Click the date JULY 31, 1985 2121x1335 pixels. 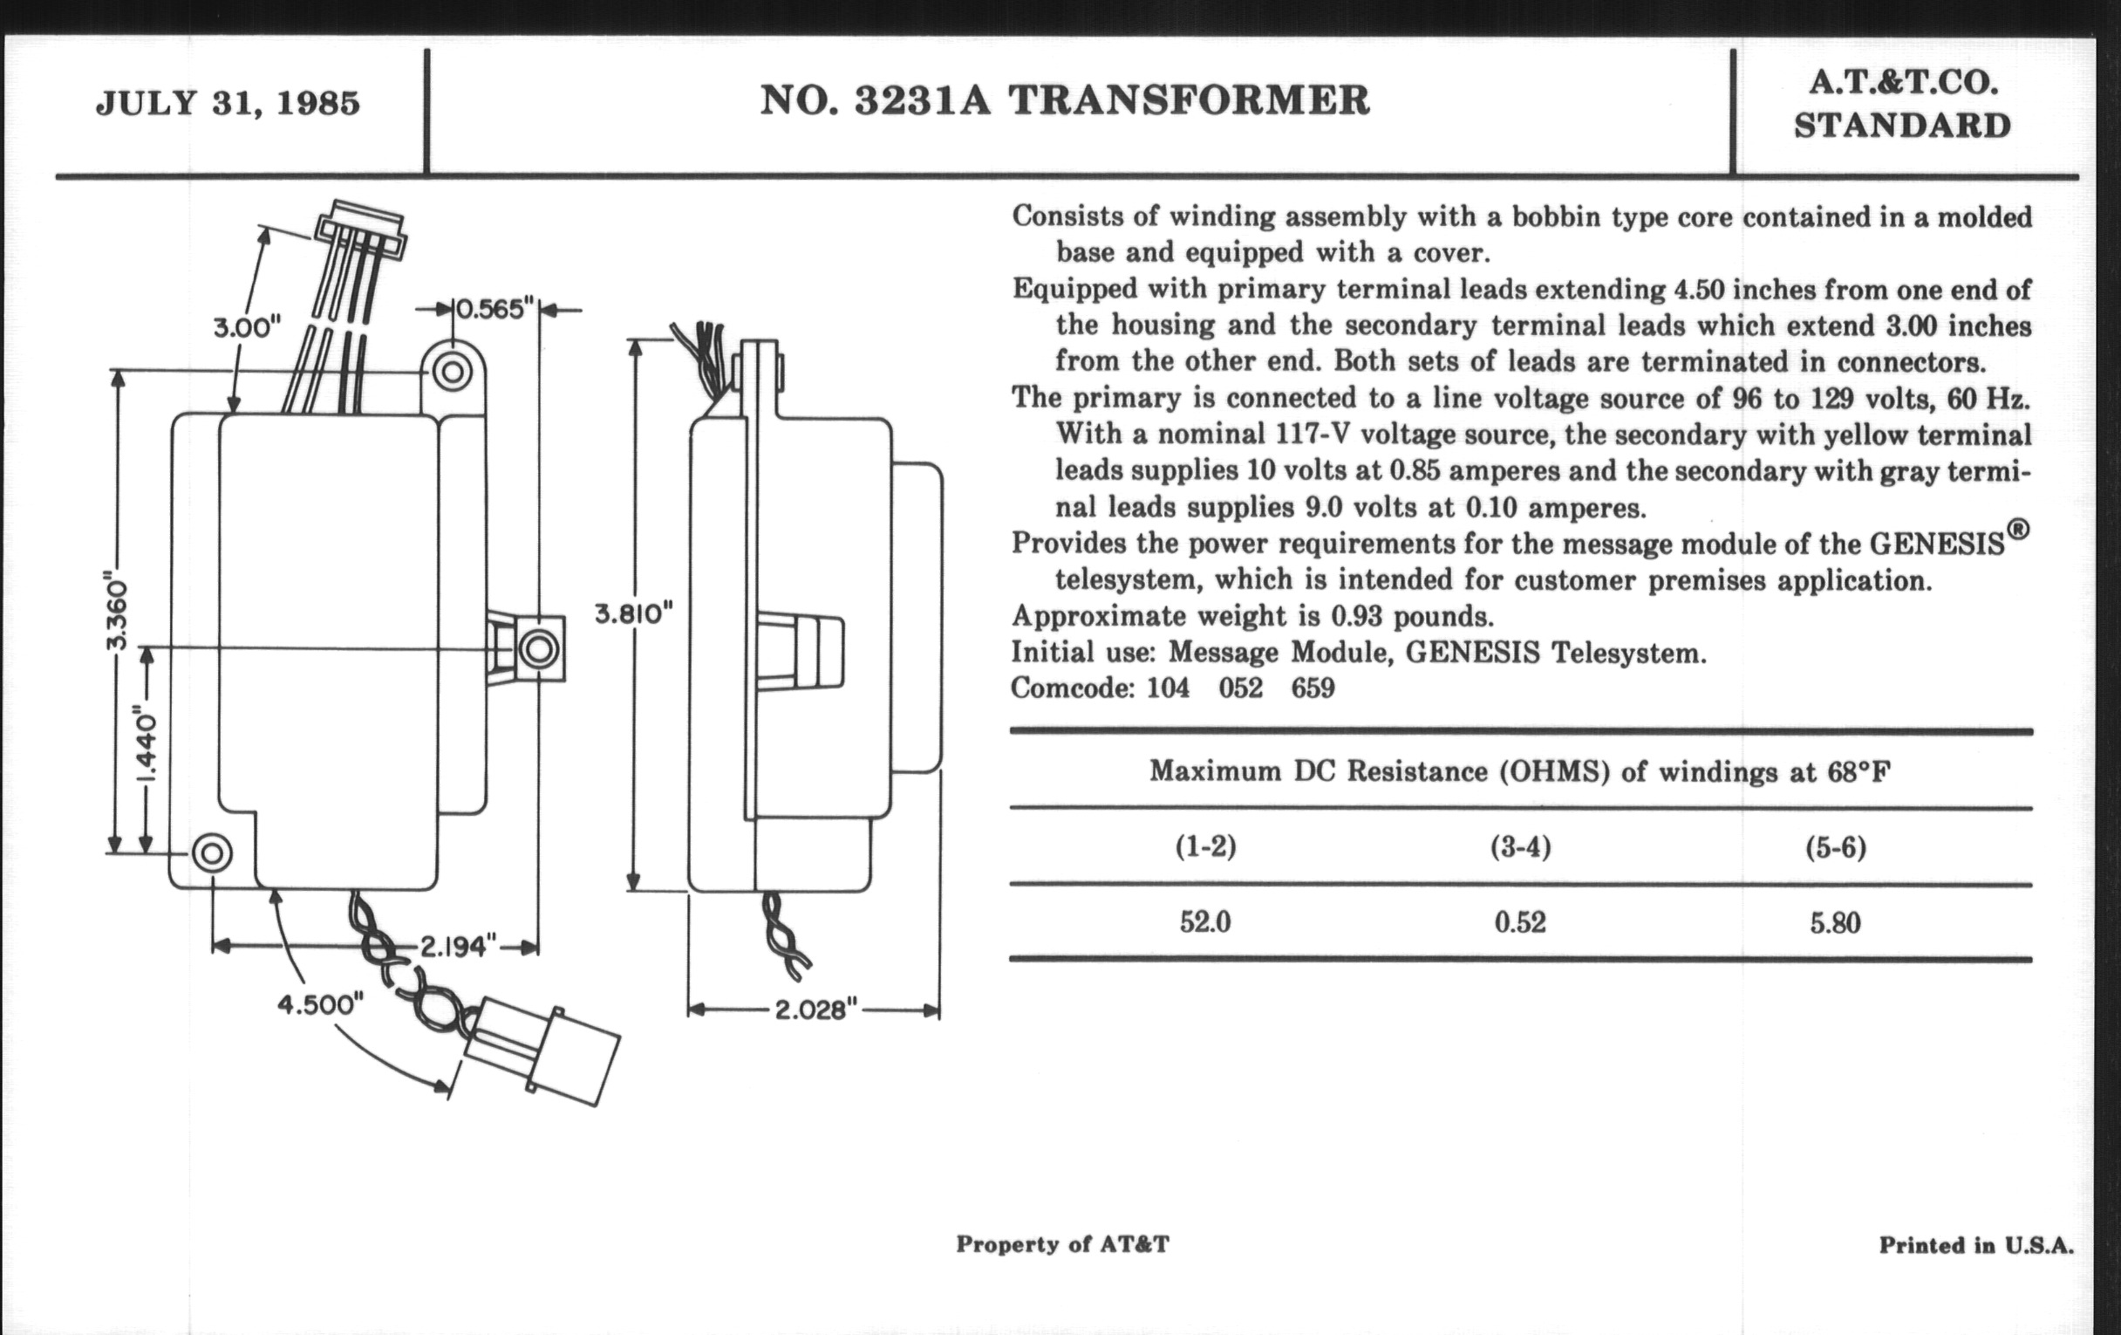(x=228, y=104)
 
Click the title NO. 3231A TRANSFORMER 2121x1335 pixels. (x=1065, y=100)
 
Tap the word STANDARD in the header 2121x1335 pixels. (x=1903, y=126)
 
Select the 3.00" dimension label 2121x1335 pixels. (x=247, y=328)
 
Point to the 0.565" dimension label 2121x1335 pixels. (x=494, y=309)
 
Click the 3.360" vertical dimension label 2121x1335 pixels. (x=116, y=613)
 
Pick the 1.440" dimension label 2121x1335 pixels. (x=147, y=743)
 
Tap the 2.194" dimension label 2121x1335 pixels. (x=454, y=947)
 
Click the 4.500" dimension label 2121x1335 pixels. (x=321, y=1004)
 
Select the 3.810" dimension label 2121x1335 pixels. (x=633, y=613)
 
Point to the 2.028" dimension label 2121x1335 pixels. (x=815, y=1009)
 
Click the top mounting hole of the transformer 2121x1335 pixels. (x=453, y=371)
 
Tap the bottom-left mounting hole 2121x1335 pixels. (x=211, y=853)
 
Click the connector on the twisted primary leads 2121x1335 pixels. (x=542, y=1054)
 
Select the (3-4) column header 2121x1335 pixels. (x=1520, y=847)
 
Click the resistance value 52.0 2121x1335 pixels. (x=1205, y=922)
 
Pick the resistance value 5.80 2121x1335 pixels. (x=1836, y=923)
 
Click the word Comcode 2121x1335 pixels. (x=1072, y=688)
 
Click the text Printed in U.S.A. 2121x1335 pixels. (x=1976, y=1245)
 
